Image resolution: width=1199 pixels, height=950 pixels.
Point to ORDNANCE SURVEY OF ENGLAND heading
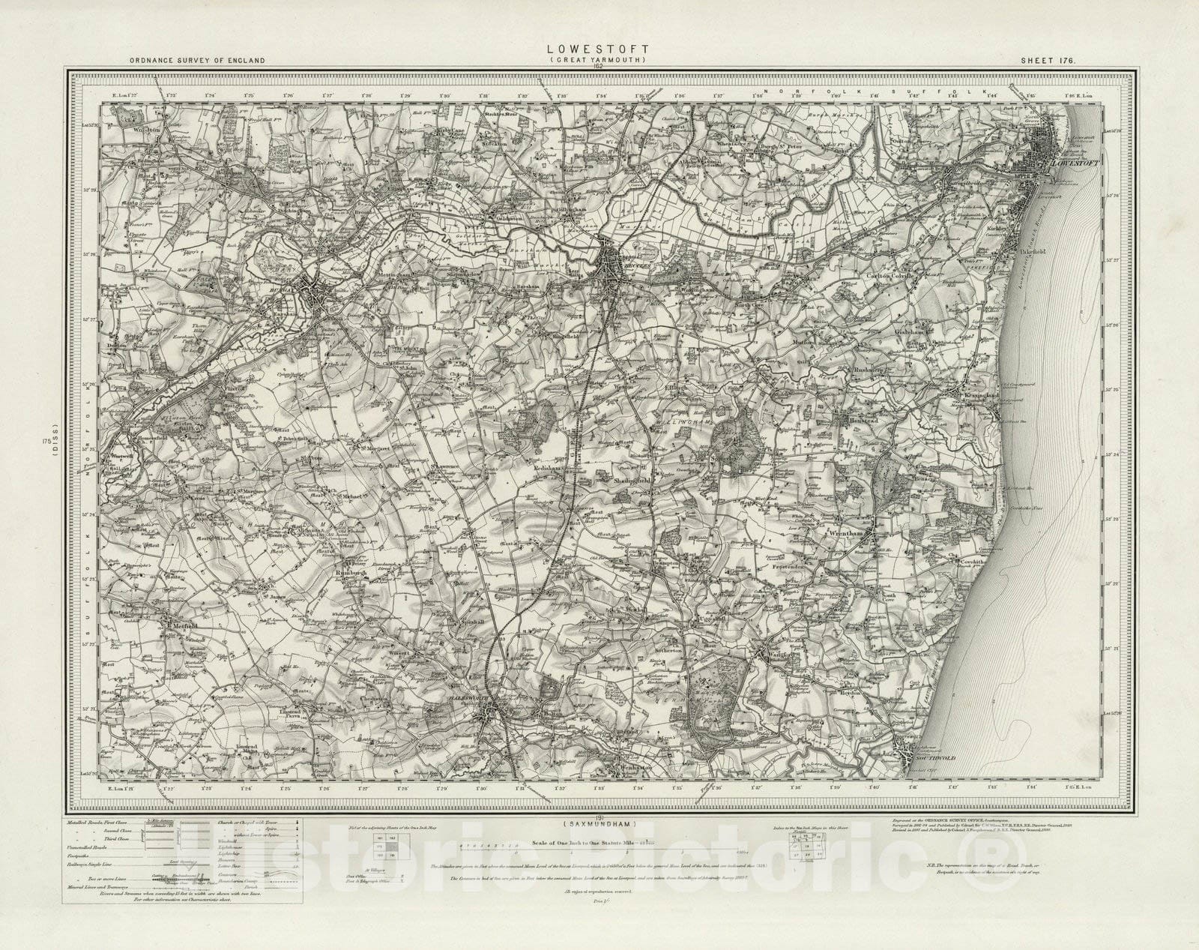coord(197,60)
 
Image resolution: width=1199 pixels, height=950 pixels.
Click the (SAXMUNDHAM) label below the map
coord(599,825)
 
